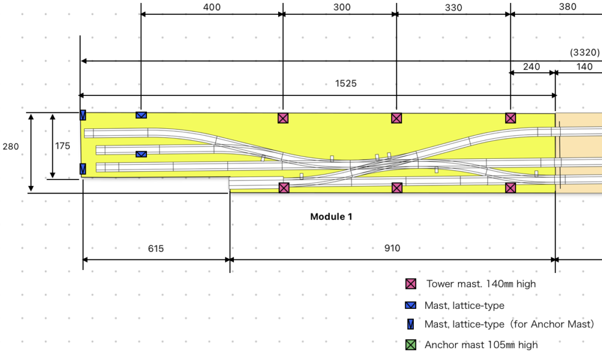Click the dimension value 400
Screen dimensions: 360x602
click(212, 7)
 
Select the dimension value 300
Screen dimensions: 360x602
click(342, 7)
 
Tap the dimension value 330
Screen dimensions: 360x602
click(453, 8)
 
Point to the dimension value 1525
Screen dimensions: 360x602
click(346, 84)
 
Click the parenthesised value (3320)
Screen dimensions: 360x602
click(585, 52)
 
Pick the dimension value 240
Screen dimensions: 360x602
click(531, 66)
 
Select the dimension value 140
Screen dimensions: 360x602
click(584, 66)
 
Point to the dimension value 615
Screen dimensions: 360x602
click(156, 248)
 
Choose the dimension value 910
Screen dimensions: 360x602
click(392, 248)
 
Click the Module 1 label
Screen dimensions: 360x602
click(332, 216)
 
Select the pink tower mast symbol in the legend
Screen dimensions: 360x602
click(411, 284)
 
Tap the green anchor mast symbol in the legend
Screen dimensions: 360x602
click(411, 345)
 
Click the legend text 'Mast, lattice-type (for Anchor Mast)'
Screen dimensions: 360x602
click(509, 324)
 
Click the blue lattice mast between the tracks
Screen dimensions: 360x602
click(141, 154)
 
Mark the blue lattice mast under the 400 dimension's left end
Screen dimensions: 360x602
click(141, 115)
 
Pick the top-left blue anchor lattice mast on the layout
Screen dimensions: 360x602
click(83, 115)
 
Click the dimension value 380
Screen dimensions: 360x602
click(567, 7)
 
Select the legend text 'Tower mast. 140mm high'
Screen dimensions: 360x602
click(481, 284)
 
